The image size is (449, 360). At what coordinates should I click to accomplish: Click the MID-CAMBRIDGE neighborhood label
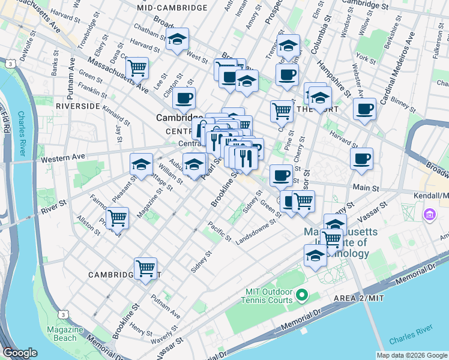click(172, 8)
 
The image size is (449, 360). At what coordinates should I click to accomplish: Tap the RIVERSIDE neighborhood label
click(77, 106)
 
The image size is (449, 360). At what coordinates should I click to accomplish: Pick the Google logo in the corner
click(20, 353)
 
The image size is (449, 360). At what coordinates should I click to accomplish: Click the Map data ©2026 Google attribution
click(412, 355)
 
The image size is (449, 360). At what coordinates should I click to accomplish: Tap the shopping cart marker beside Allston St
click(117, 218)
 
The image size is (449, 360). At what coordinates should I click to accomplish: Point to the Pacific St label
click(220, 231)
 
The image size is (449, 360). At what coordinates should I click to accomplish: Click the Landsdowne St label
click(259, 230)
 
